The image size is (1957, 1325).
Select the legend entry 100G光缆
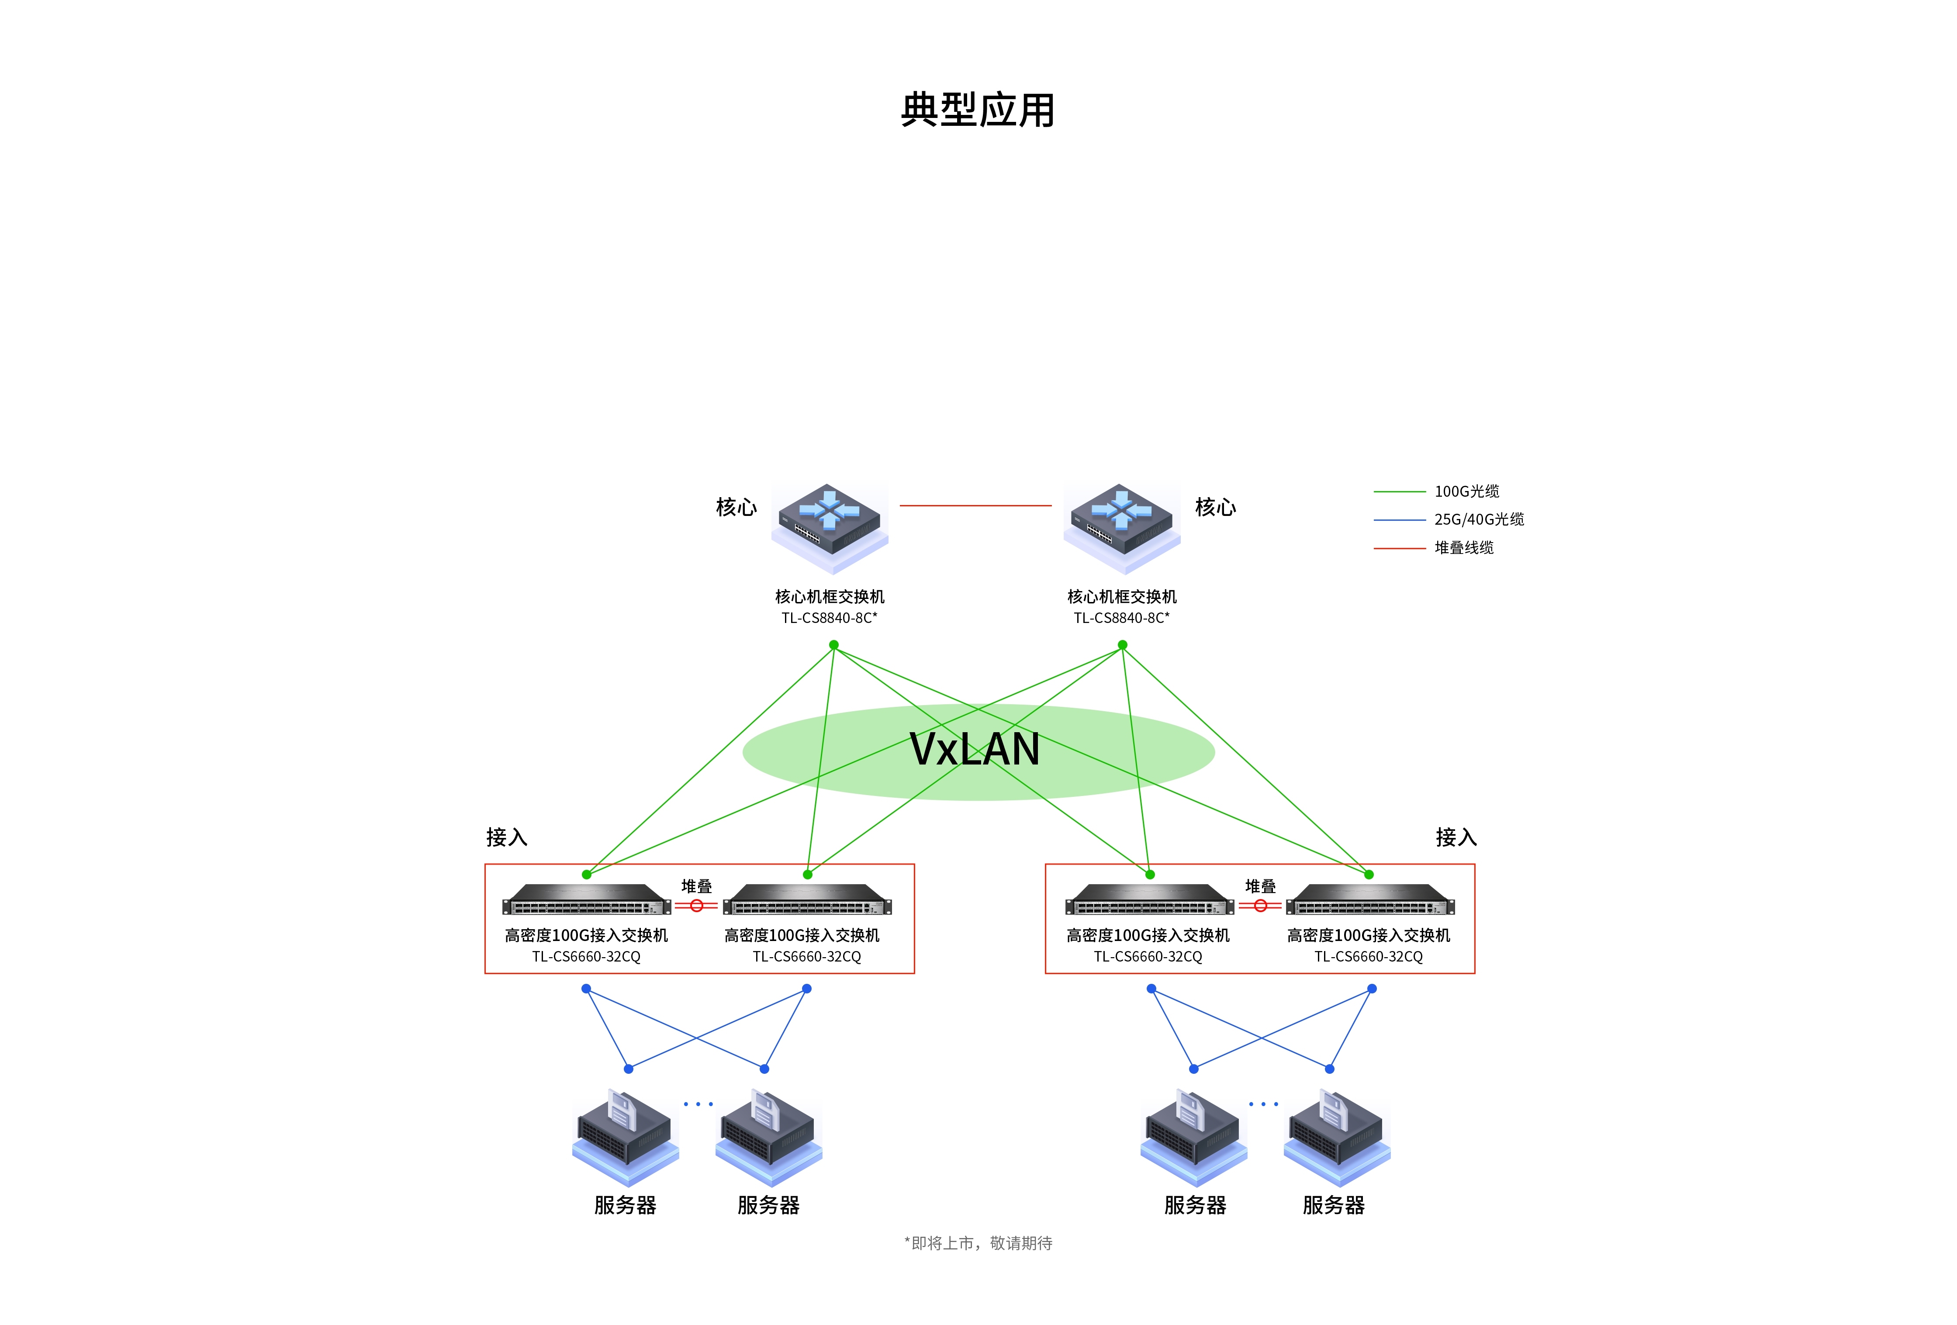1466,491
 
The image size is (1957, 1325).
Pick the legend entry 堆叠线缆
1463,547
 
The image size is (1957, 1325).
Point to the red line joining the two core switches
975,505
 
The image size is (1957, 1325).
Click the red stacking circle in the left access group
696,906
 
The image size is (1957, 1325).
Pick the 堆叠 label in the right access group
1260,886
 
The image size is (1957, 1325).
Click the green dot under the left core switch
833,645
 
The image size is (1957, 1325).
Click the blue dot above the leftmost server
628,1069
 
